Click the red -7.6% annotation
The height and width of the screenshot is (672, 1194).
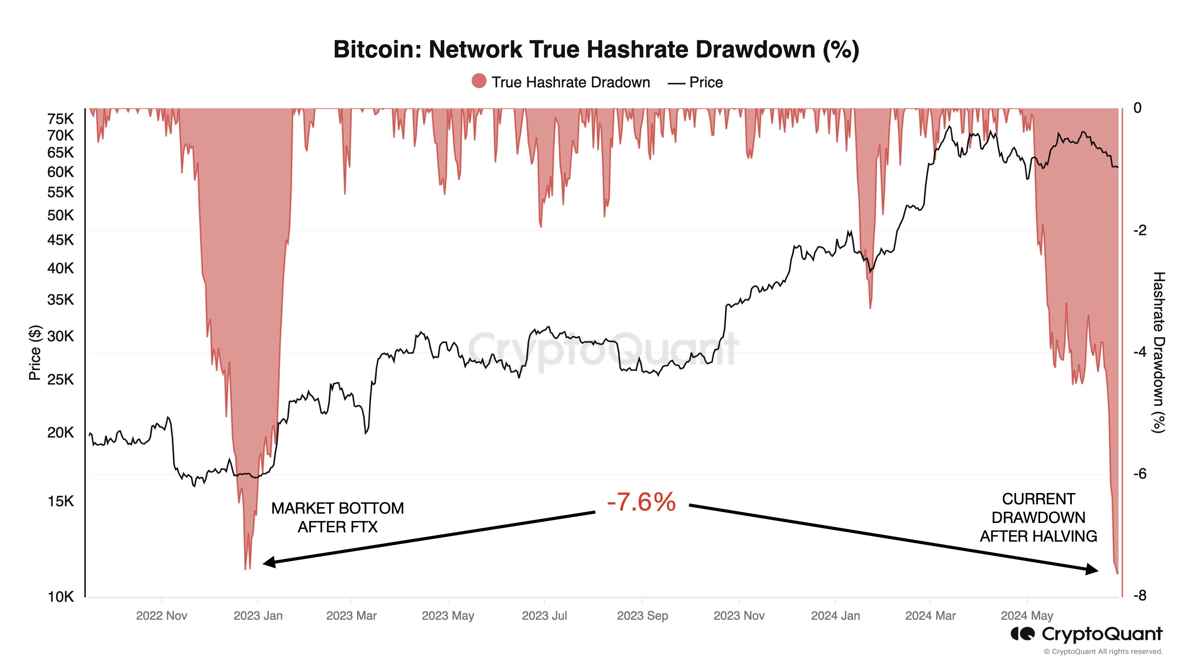tap(641, 502)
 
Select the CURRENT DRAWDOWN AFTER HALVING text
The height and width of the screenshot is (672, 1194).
tap(1038, 518)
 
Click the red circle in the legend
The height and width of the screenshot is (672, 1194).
tap(479, 81)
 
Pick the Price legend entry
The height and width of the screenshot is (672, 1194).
tap(695, 82)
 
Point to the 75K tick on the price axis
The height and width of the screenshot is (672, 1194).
tap(60, 119)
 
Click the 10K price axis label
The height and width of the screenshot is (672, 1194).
tap(60, 597)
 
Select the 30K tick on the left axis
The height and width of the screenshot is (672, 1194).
tap(60, 336)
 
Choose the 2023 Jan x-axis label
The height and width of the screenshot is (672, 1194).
tap(258, 616)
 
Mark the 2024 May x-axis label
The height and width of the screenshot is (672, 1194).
tap(1027, 616)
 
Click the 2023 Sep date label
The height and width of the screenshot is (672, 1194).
tap(642, 616)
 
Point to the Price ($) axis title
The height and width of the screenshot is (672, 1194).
tap(35, 352)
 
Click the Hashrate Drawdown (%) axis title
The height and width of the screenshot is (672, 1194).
tap(1159, 352)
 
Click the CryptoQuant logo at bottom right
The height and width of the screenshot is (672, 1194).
tap(1086, 634)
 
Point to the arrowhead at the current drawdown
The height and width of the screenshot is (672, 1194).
tap(1092, 570)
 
